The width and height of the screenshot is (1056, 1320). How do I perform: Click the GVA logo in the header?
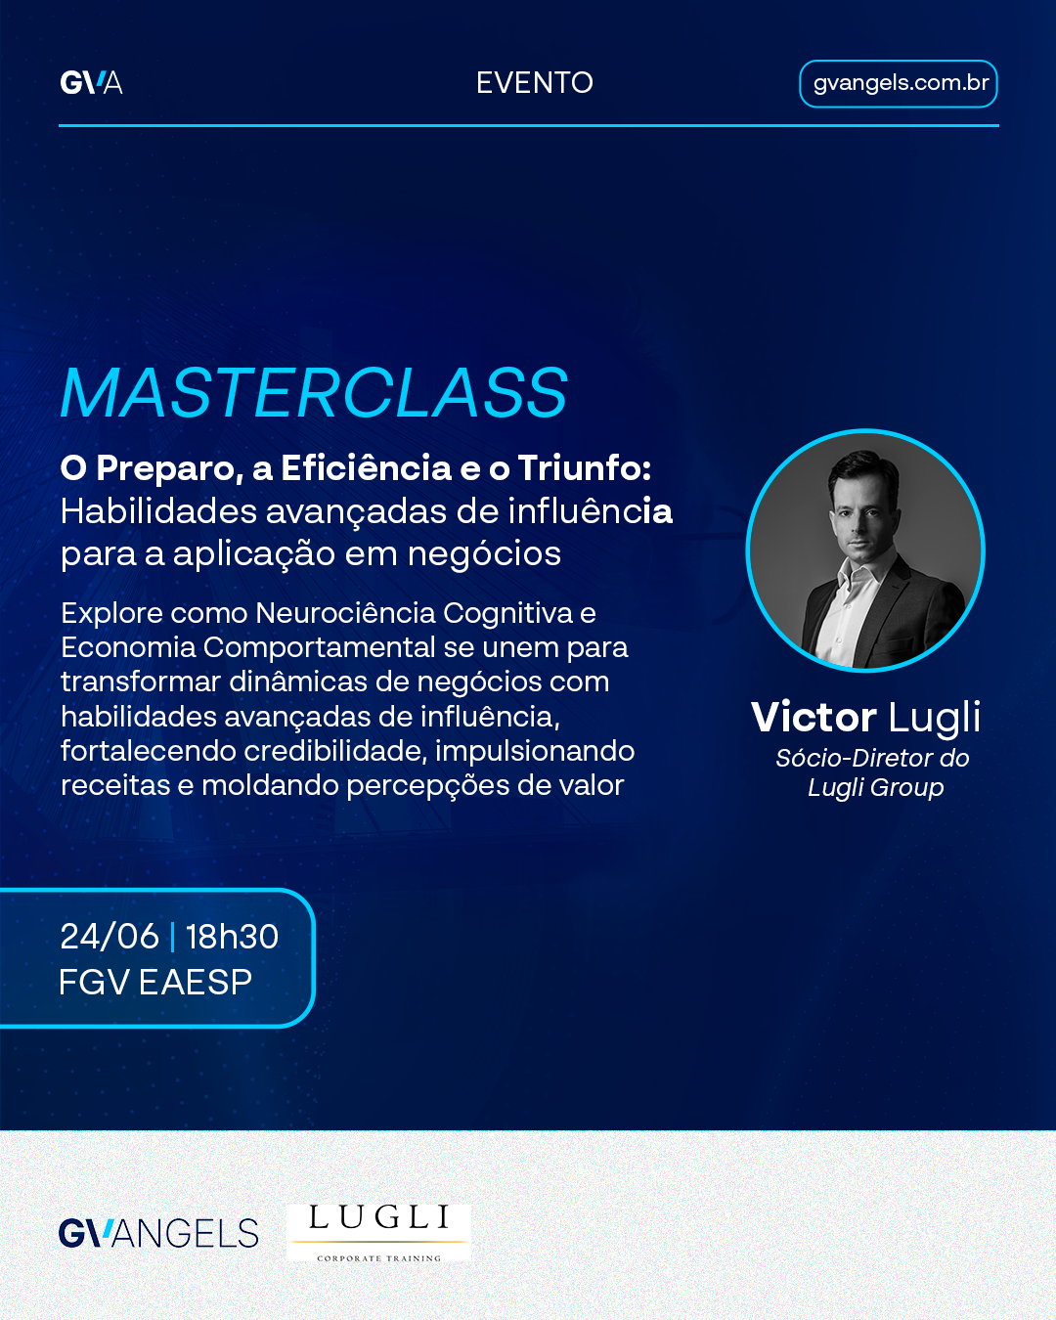92,83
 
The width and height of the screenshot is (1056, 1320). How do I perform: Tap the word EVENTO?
535,83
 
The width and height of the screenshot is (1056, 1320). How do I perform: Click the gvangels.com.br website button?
899,83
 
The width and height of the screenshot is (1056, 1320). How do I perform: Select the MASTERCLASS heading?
314,393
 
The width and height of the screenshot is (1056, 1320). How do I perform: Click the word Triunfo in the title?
584,468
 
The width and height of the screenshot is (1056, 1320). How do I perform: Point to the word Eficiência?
367,468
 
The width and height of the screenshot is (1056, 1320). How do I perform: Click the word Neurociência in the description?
345,613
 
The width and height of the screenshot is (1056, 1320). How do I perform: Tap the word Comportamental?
319,647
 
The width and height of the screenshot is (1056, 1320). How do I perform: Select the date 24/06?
110,937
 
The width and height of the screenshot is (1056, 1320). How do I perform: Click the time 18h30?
232,937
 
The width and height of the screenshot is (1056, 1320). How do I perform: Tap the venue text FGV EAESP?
155,982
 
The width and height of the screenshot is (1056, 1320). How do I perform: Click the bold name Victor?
814,717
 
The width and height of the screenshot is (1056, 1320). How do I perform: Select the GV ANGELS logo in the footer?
158,1234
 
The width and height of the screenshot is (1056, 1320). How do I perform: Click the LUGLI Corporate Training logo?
378,1233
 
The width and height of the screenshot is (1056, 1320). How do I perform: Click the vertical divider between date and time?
172,938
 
